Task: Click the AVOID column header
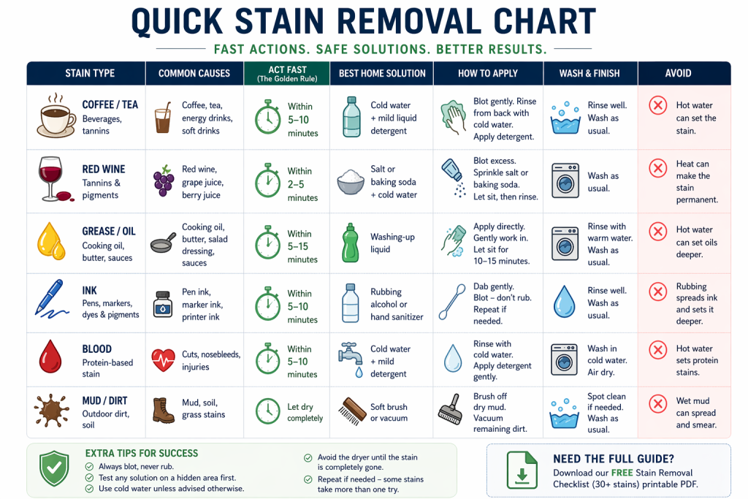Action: [x=678, y=74]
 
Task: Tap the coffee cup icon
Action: [x=56, y=116]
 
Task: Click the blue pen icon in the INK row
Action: [x=51, y=299]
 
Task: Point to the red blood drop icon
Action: [x=50, y=356]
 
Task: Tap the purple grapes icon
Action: [x=164, y=180]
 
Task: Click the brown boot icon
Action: [x=163, y=411]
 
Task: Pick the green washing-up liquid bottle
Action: [x=350, y=243]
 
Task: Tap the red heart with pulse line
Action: [x=163, y=360]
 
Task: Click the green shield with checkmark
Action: [x=54, y=468]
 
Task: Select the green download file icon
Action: [x=522, y=470]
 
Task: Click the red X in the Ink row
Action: [x=658, y=292]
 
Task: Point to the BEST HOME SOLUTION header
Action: [x=382, y=74]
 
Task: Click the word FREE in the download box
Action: [x=622, y=473]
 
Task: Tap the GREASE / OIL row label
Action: [x=109, y=232]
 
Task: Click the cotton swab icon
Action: [x=451, y=302]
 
